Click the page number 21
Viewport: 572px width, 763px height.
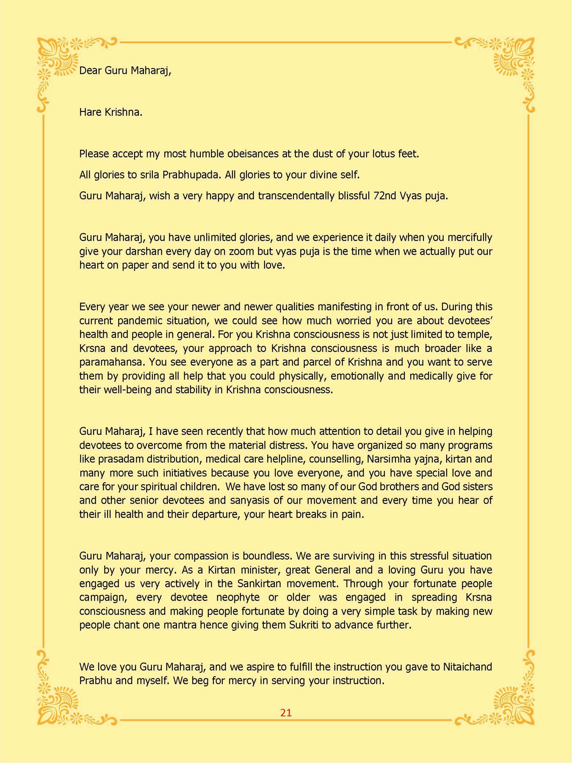coord(286,713)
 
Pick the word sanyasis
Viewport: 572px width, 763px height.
coord(253,501)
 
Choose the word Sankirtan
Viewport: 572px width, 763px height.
coord(259,584)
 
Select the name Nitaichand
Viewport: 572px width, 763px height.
coord(467,667)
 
